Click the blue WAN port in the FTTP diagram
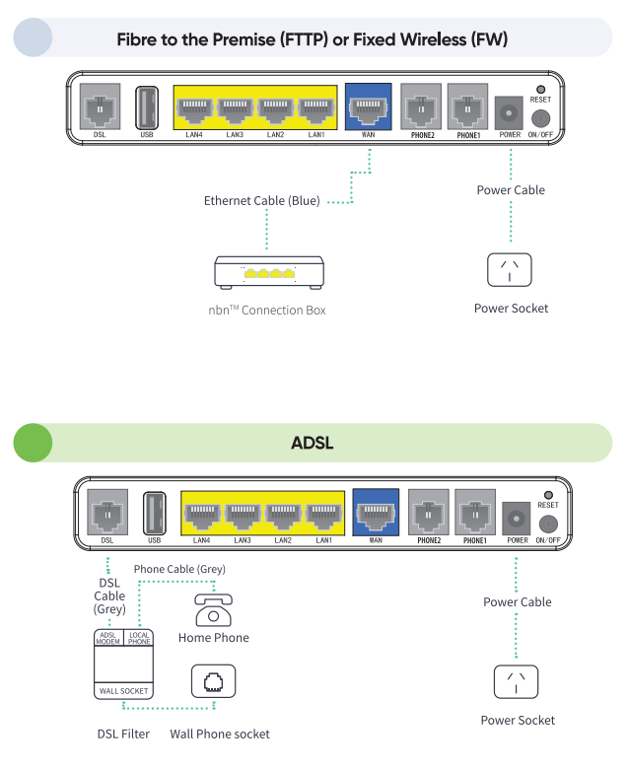point(367,105)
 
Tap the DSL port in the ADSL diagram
point(107,513)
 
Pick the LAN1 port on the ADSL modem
point(323,514)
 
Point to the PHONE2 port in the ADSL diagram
point(429,514)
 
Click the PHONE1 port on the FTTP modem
point(467,105)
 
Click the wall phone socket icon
point(213,680)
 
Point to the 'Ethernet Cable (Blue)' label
point(262,201)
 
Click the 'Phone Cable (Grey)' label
point(179,570)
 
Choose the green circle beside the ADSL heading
point(33,443)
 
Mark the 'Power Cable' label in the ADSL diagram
point(517,601)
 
